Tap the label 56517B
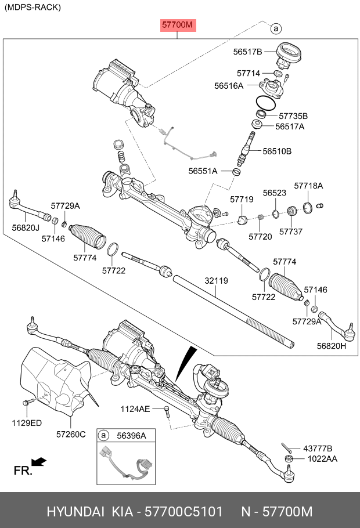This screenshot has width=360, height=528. (248, 52)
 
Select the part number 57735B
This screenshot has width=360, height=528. (293, 115)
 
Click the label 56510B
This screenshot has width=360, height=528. (277, 151)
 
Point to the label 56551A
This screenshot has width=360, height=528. (203, 171)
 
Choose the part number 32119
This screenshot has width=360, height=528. (216, 281)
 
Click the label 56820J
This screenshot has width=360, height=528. (24, 228)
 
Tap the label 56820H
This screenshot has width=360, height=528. (331, 346)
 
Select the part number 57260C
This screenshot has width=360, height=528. (71, 434)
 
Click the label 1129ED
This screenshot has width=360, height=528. (27, 423)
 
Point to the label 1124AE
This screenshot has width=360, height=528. (135, 409)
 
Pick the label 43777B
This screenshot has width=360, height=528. (318, 449)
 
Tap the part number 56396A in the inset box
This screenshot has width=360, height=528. (132, 435)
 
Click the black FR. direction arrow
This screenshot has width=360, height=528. (39, 462)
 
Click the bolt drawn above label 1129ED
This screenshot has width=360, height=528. (27, 402)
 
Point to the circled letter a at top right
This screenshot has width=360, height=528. (276, 28)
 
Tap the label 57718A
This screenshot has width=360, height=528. (308, 186)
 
